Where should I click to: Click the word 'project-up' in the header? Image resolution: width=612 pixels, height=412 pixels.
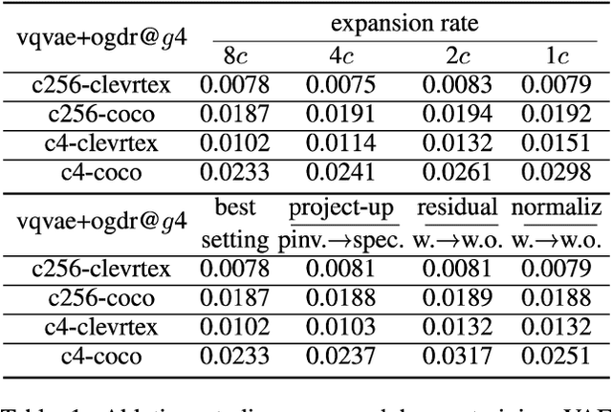click(343, 208)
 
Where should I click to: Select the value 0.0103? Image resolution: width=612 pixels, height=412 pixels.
click(343, 328)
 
